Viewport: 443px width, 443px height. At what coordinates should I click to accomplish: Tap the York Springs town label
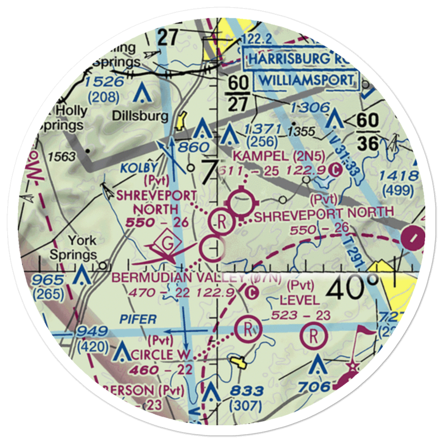pos(73,248)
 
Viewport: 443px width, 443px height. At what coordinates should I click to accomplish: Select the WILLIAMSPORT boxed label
pos(307,80)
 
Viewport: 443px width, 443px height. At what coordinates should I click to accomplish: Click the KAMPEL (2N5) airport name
pos(279,156)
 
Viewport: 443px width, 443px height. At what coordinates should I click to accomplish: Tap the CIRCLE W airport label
pos(164,354)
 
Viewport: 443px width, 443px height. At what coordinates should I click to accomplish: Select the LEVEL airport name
pos(299,300)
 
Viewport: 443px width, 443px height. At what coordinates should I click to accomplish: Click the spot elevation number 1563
pos(62,156)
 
